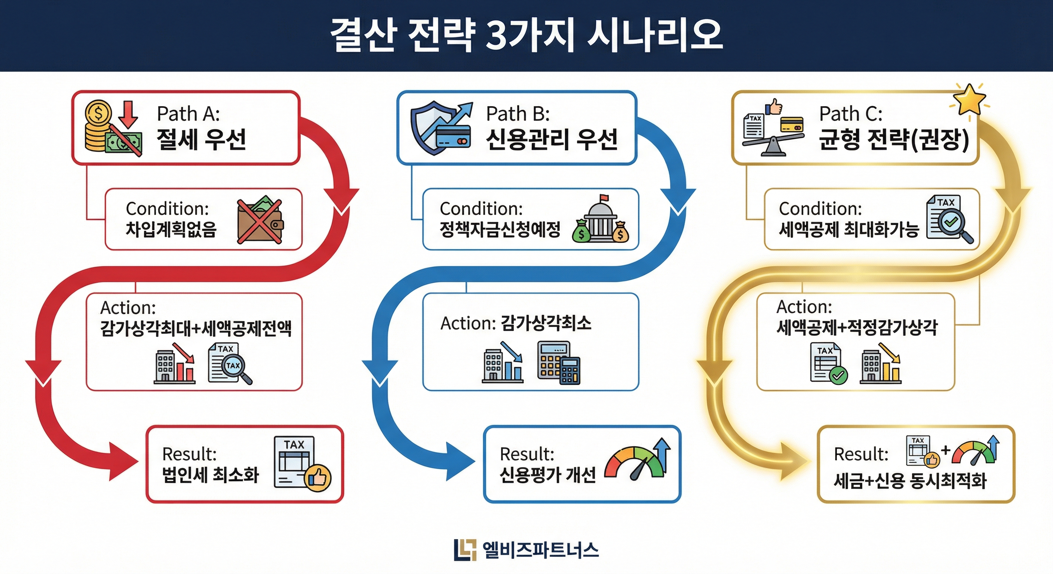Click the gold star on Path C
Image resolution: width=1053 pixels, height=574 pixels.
[x=969, y=100]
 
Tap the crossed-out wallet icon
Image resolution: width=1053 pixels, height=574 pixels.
[x=260, y=222]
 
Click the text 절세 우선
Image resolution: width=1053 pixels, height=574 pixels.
[x=201, y=139]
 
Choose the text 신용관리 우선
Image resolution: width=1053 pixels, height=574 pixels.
[x=552, y=139]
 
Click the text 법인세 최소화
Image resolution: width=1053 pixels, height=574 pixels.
[x=211, y=475]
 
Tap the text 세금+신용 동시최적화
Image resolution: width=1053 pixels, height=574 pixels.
[x=910, y=481]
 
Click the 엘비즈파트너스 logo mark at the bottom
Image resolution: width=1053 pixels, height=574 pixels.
[x=465, y=550]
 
